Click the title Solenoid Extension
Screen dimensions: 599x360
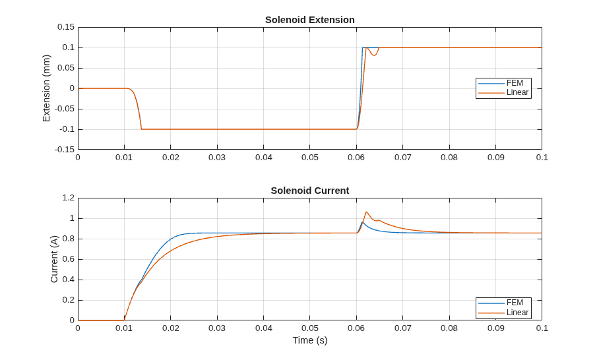[310, 20]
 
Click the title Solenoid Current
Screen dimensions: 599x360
[310, 191]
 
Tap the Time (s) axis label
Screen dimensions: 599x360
[310, 340]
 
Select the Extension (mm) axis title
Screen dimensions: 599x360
[46, 88]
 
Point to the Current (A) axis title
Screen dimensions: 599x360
[54, 259]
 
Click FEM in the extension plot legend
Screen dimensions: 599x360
[515, 83]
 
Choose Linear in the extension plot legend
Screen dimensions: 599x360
[518, 92]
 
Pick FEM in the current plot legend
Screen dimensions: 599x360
[515, 303]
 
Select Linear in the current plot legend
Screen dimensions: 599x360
[518, 313]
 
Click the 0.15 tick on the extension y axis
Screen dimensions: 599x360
[66, 27]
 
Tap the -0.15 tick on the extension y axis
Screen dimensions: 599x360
[65, 150]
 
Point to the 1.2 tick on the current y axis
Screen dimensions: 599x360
[69, 198]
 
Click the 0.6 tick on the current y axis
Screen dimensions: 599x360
[69, 259]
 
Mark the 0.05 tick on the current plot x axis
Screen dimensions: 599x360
[310, 328]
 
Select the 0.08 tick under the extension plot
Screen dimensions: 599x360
[449, 158]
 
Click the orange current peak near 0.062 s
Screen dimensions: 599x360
[366, 212]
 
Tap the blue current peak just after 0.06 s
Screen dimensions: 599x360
[363, 222]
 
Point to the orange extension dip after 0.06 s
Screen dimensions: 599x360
[375, 56]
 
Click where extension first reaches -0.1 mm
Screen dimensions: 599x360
[141, 129]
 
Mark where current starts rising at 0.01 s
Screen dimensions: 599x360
[125, 320]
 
